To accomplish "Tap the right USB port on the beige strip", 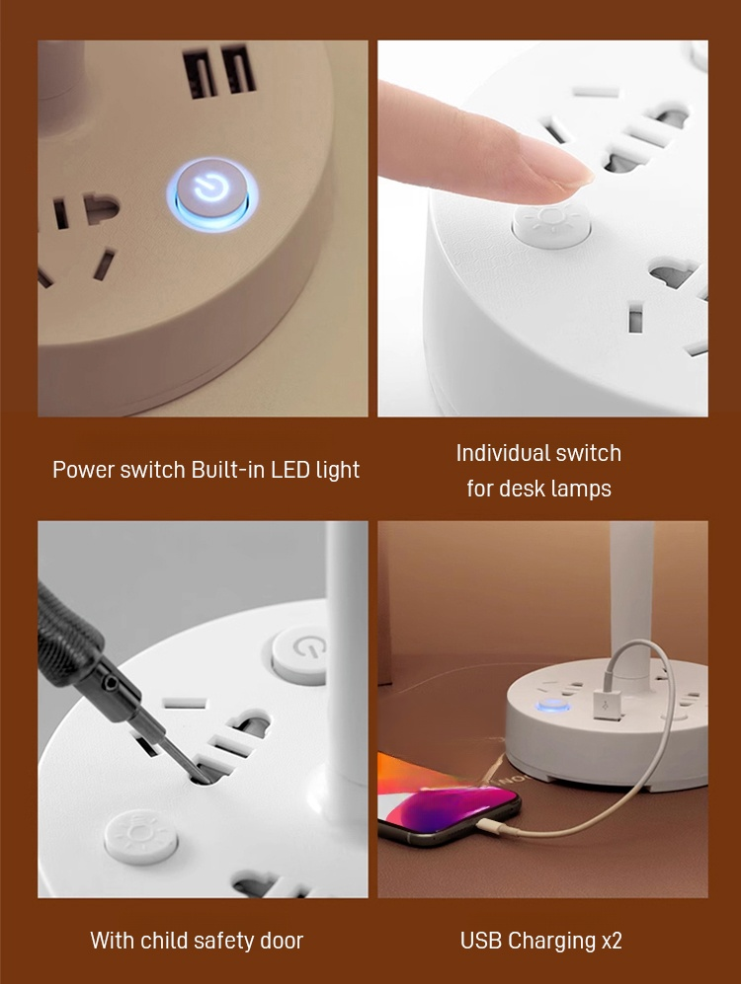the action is [x=238, y=68].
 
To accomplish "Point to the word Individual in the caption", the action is [x=500, y=452].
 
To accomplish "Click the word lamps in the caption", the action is [x=582, y=489].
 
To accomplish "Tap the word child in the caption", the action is [x=164, y=940].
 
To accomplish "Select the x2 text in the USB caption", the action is [x=611, y=941].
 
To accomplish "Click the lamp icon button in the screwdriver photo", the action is [x=140, y=837].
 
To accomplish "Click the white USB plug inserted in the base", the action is [x=606, y=706].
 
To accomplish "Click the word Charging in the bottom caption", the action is [x=552, y=941].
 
